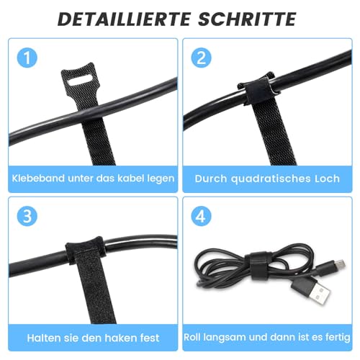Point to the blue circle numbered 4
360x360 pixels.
[x=201, y=215]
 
